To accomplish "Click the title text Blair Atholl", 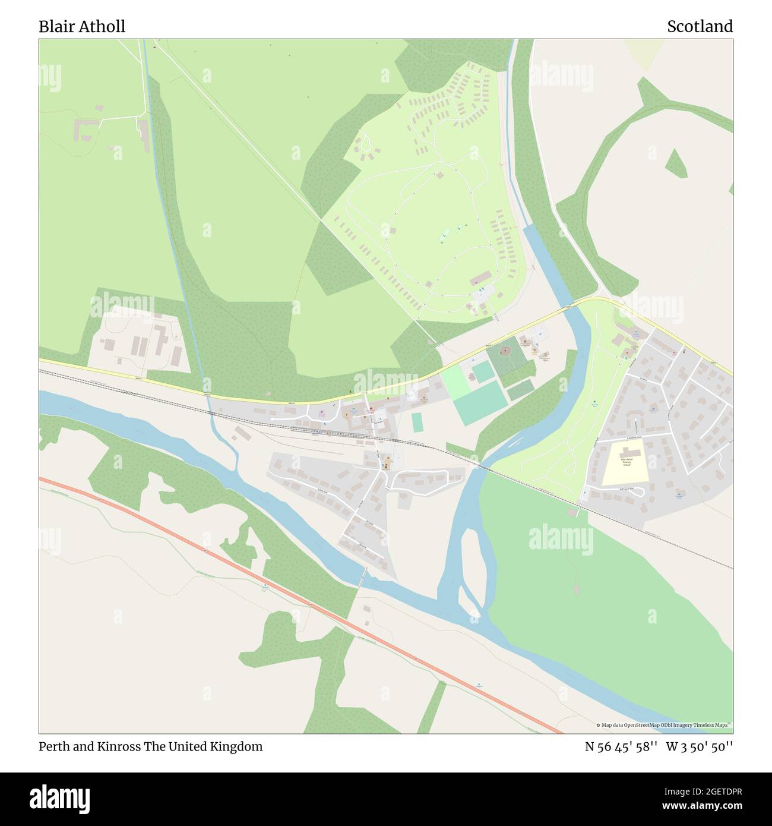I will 82,26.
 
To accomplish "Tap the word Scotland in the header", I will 700,26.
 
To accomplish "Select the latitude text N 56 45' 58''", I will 621,746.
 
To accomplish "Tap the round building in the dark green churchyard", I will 506,351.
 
